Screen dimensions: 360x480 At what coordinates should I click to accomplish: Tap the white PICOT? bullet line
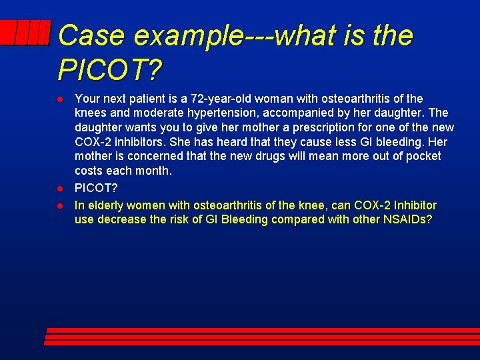(x=96, y=190)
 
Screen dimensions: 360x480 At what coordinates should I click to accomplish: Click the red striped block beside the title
(x=25, y=33)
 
